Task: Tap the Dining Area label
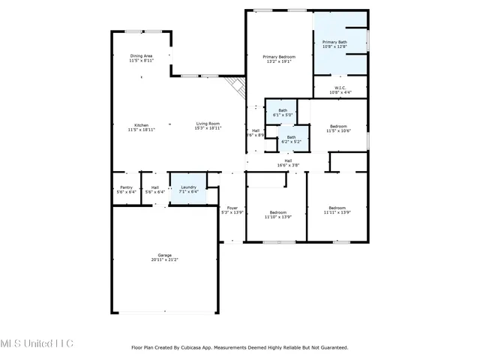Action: (141, 56)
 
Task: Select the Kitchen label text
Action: (141, 125)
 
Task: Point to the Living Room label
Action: (208, 124)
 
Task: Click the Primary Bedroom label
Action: (278, 57)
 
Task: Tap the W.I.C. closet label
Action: (339, 88)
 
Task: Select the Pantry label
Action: (124, 187)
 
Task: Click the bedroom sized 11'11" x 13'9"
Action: (337, 210)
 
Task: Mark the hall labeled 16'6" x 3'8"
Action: (288, 163)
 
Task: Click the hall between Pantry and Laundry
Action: (154, 190)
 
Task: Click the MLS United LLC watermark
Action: (37, 343)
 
